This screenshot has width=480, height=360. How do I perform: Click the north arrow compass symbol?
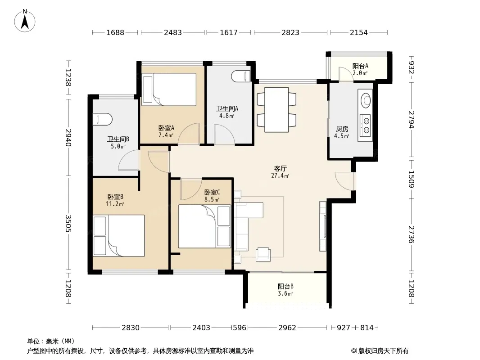(25, 21)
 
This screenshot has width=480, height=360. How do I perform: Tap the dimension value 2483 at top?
(172, 32)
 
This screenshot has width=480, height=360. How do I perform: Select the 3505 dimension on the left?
(68, 224)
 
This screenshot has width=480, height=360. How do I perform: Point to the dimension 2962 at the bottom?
(287, 328)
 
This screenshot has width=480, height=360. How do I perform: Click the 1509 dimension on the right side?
(412, 179)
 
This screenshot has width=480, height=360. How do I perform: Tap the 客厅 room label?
(280, 169)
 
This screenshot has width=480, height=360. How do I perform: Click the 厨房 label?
(342, 129)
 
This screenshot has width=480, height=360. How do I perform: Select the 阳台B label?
(285, 286)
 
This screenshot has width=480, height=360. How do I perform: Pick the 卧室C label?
(212, 193)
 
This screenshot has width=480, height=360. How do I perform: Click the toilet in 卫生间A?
(241, 76)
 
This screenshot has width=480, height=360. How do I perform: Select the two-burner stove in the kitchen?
(365, 126)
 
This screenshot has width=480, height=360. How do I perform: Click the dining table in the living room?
(276, 110)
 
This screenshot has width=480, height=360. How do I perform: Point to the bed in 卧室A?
(169, 89)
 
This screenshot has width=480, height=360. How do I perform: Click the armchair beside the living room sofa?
(263, 254)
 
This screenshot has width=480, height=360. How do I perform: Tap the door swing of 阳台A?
(346, 74)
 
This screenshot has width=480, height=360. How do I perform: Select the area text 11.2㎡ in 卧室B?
(115, 204)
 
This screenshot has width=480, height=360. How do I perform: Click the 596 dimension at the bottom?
(240, 328)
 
